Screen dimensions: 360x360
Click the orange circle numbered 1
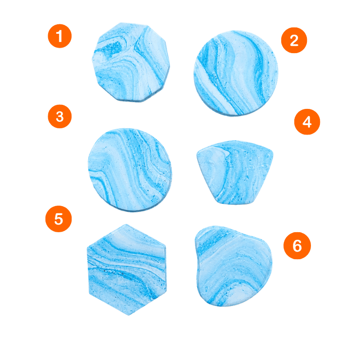click(60, 36)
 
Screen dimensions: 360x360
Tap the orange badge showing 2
click(294, 40)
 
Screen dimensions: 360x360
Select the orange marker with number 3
click(60, 117)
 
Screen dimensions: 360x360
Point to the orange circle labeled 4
click(307, 121)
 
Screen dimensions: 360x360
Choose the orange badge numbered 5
click(58, 219)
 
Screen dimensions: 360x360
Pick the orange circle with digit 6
click(297, 246)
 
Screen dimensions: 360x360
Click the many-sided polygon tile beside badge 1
click(130, 62)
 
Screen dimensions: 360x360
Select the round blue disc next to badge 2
click(236, 73)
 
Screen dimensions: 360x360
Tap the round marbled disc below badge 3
click(130, 170)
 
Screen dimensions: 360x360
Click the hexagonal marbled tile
click(127, 270)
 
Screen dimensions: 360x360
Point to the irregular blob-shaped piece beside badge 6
click(234, 266)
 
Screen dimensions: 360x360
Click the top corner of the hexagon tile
click(126, 225)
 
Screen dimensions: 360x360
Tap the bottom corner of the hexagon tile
click(129, 315)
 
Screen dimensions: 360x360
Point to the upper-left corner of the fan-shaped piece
click(198, 152)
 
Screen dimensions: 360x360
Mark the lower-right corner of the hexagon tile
click(166, 292)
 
